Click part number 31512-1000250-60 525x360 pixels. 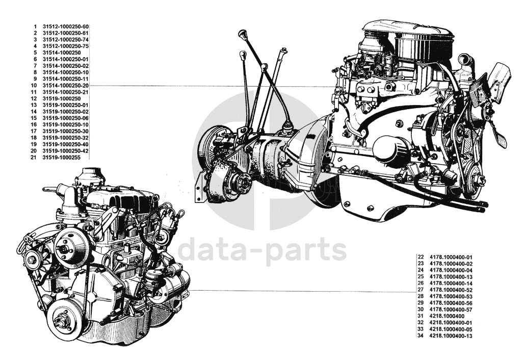pyautogui.click(x=66, y=26)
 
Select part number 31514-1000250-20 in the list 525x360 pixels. pyautogui.click(x=66, y=85)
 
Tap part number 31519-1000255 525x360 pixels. pyautogui.click(x=62, y=158)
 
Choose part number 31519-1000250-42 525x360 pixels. pyautogui.click(x=66, y=151)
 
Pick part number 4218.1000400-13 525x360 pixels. pyautogui.click(x=451, y=336)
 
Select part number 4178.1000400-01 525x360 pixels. pyautogui.click(x=451, y=257)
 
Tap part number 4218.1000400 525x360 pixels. pyautogui.click(x=447, y=316)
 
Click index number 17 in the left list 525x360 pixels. pyautogui.click(x=34, y=131)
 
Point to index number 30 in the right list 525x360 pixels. pyautogui.click(x=421, y=310)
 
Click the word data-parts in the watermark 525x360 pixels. pyautogui.click(x=262, y=249)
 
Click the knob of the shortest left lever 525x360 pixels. pyautogui.click(x=243, y=54)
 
